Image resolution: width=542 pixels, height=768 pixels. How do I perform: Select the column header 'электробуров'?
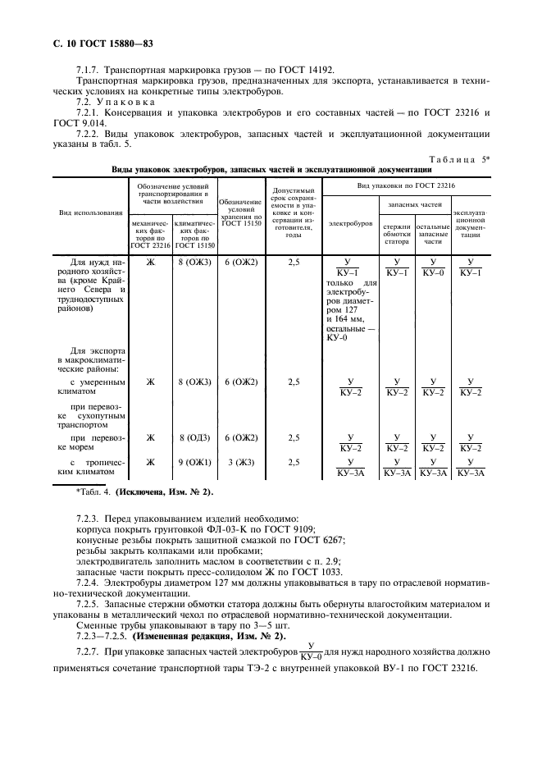[x=348, y=222]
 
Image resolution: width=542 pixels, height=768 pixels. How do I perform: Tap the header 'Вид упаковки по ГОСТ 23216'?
[x=407, y=186]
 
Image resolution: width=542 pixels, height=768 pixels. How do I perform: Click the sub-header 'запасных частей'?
[x=414, y=202]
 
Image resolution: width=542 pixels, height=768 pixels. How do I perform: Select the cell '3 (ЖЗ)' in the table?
[x=241, y=463]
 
